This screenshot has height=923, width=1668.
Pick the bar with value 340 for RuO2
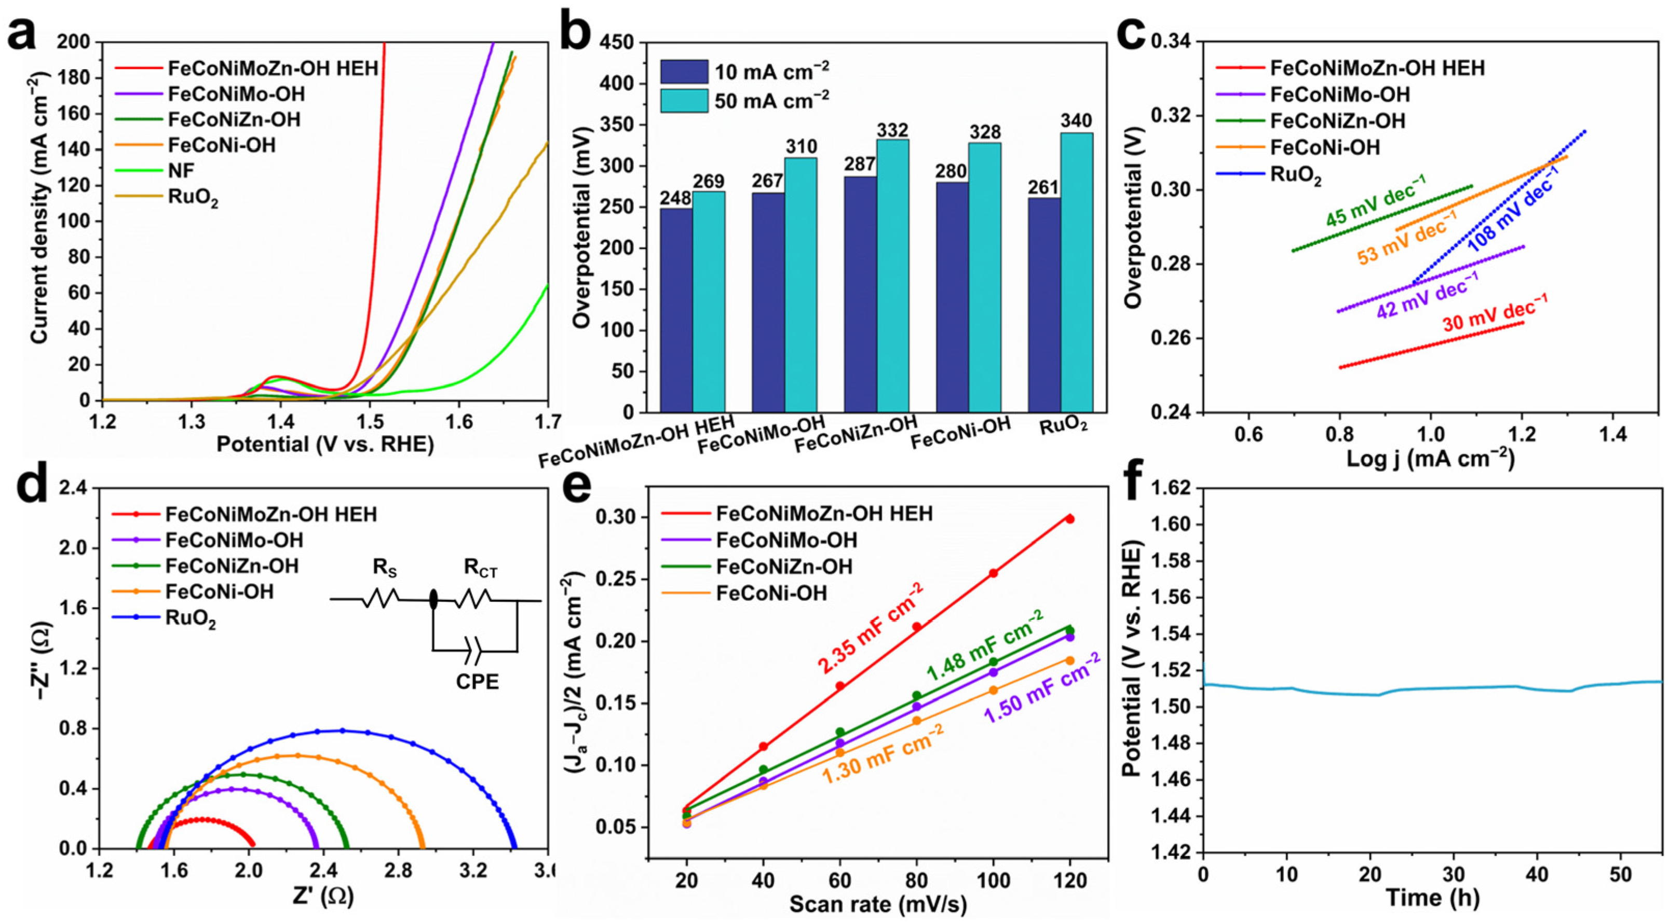pos(1077,272)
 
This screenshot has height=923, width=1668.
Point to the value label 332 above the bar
pos(893,130)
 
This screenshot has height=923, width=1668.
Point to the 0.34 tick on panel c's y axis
pos(1175,42)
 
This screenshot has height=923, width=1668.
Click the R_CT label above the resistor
pos(481,569)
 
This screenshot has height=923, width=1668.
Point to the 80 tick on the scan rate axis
pos(916,881)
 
